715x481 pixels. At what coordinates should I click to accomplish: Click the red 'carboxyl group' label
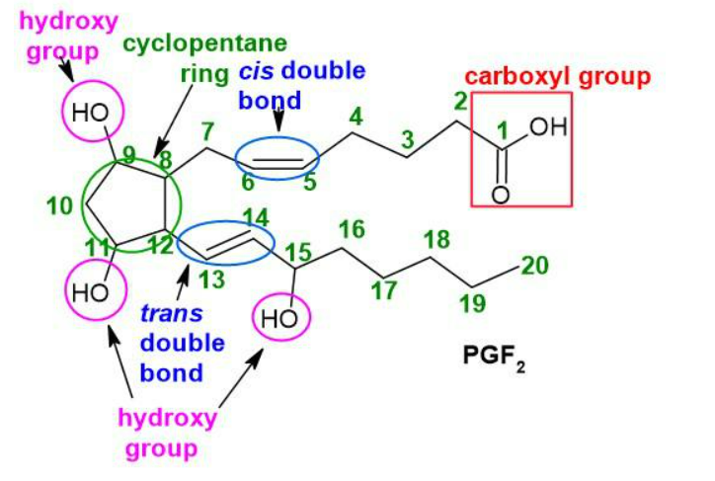tap(558, 77)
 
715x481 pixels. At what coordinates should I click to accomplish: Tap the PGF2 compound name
tap(494, 357)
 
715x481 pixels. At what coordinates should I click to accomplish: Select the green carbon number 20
tap(535, 266)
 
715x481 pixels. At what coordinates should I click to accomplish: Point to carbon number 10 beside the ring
tap(59, 206)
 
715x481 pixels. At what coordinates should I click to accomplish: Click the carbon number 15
tap(298, 252)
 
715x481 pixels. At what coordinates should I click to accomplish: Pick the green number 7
tap(207, 131)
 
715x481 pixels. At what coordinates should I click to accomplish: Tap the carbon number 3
tap(408, 139)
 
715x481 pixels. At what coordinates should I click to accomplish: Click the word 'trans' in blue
tap(172, 314)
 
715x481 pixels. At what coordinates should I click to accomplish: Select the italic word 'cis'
tap(256, 71)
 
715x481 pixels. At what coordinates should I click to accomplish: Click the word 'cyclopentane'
tap(205, 44)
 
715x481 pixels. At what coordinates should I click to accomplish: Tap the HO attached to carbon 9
tap(90, 113)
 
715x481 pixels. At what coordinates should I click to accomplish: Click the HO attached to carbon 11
tap(91, 292)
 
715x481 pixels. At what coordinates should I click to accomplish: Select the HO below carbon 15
tap(279, 319)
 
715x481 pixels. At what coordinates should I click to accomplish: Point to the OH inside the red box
tap(548, 126)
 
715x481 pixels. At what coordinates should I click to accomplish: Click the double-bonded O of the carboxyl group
tap(501, 196)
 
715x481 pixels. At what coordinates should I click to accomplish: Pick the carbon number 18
tap(437, 239)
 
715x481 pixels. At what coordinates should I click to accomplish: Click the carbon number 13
tap(211, 280)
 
